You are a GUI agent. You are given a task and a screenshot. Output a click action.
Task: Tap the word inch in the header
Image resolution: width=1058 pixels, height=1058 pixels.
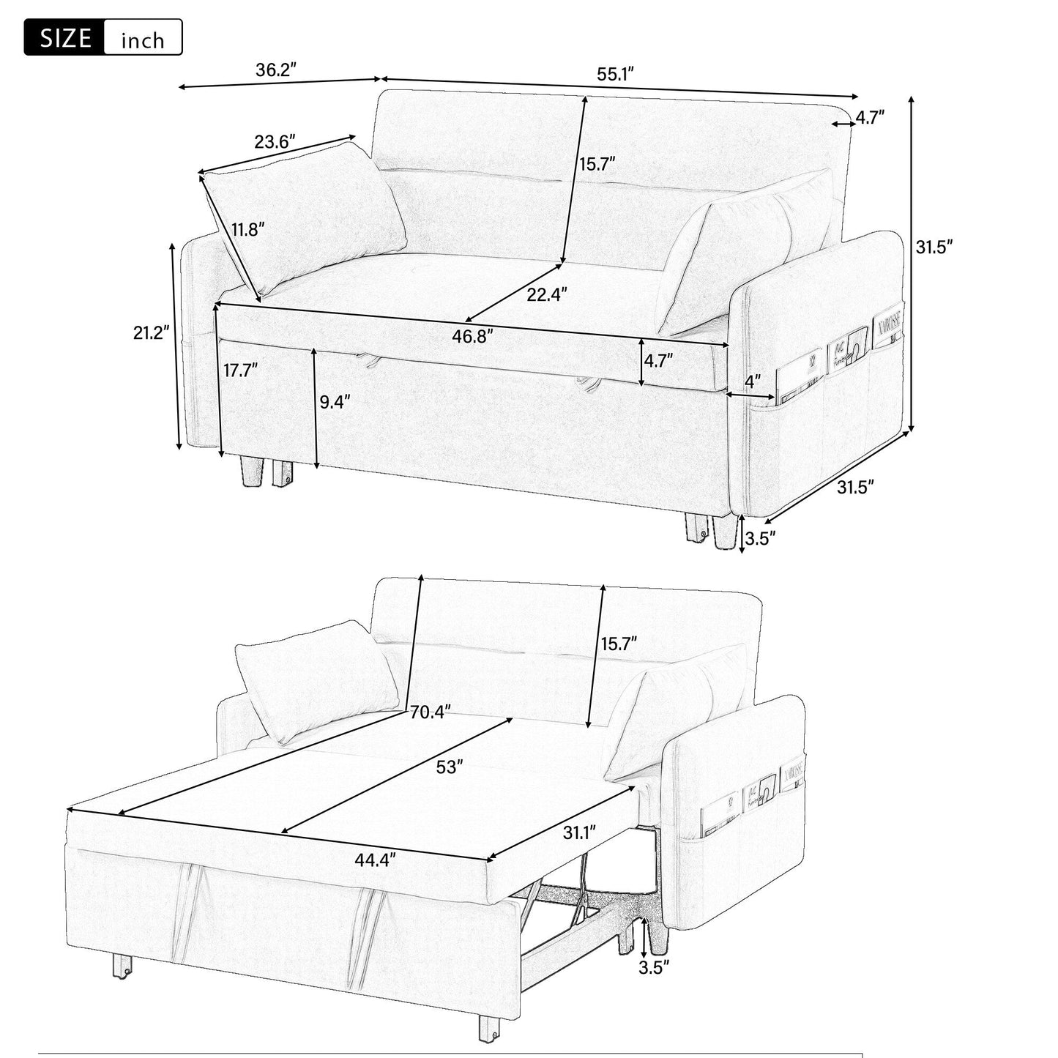click(x=143, y=40)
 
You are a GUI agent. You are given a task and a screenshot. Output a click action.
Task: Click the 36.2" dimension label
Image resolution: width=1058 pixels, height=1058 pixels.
click(x=275, y=70)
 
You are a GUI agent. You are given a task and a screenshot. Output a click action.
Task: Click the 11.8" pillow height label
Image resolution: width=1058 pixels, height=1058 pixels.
click(x=247, y=229)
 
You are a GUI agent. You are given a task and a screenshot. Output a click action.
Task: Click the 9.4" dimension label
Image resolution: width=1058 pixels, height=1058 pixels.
click(x=335, y=401)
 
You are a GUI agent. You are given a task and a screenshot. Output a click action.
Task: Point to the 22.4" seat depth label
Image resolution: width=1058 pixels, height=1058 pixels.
click(x=546, y=294)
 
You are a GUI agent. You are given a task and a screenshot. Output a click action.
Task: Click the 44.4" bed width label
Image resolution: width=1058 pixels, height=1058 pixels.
click(x=375, y=860)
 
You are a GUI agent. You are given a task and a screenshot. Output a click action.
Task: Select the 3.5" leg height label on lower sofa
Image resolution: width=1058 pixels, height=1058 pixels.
click(x=654, y=967)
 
